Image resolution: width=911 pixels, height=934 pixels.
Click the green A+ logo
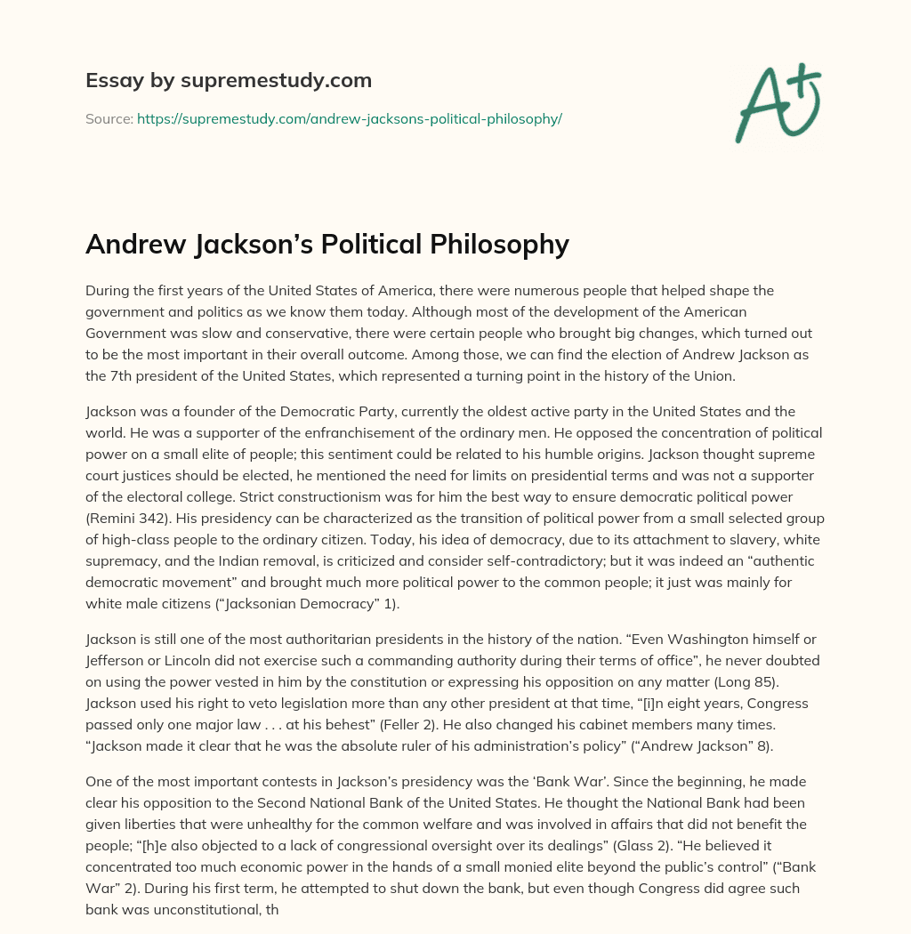point(777,102)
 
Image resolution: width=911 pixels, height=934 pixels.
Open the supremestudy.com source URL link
point(349,118)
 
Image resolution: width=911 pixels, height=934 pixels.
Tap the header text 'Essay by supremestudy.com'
point(229,81)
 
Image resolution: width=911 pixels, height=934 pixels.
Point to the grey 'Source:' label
point(109,118)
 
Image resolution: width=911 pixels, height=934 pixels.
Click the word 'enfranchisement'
point(336,433)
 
